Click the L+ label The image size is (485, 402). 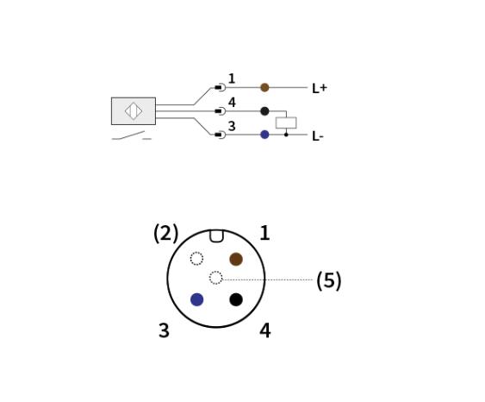pyautogui.click(x=320, y=88)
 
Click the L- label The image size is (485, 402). pyautogui.click(x=318, y=136)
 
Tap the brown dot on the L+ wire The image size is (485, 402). pyautogui.click(x=264, y=87)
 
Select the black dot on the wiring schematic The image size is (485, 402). pyautogui.click(x=264, y=111)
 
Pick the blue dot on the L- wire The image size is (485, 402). pyautogui.click(x=264, y=135)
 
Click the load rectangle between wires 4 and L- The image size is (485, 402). pyautogui.click(x=286, y=122)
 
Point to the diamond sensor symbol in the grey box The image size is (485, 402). pyautogui.click(x=134, y=111)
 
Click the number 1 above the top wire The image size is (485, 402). pyautogui.click(x=232, y=79)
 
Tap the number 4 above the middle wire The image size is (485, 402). pyautogui.click(x=232, y=103)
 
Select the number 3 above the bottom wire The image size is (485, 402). pyautogui.click(x=232, y=126)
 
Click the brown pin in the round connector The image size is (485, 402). pyautogui.click(x=236, y=259)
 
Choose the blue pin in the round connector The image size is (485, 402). pyautogui.click(x=196, y=299)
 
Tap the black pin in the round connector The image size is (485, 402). pyautogui.click(x=236, y=299)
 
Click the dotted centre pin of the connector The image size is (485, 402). pyautogui.click(x=215, y=278)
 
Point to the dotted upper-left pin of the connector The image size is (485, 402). pyautogui.click(x=196, y=259)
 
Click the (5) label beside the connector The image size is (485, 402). pyautogui.click(x=329, y=280)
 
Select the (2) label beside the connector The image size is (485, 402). pyautogui.click(x=166, y=233)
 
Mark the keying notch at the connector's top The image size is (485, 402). pyautogui.click(x=216, y=236)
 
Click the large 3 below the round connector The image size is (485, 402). pyautogui.click(x=164, y=330)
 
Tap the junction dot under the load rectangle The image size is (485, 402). pyautogui.click(x=286, y=135)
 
